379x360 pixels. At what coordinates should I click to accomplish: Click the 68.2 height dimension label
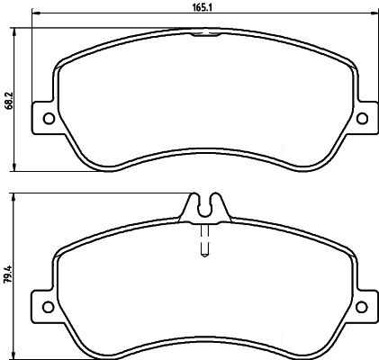pyautogui.click(x=10, y=100)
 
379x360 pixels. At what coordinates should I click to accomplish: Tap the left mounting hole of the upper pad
pyautogui.click(x=49, y=118)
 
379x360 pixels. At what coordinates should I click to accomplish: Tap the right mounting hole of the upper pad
pyautogui.click(x=362, y=118)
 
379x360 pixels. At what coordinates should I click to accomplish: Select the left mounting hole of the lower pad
pyautogui.click(x=49, y=307)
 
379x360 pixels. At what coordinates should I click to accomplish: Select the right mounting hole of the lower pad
pyautogui.click(x=362, y=307)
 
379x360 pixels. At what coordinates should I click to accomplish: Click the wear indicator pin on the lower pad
pyautogui.click(x=204, y=241)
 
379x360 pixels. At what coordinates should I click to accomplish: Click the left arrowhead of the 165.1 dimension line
pyautogui.click(x=36, y=13)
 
